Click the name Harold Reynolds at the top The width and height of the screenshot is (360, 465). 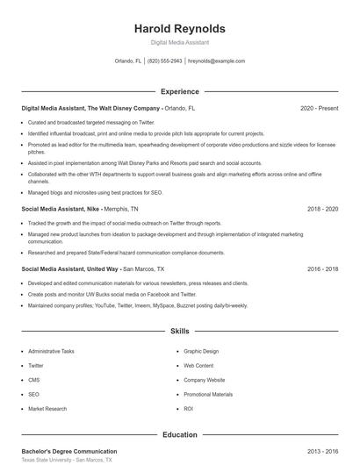click(179, 28)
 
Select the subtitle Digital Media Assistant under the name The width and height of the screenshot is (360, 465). click(179, 42)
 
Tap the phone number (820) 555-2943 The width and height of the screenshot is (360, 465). click(165, 61)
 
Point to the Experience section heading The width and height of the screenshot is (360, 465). click(179, 91)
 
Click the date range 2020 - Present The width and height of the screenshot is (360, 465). click(319, 108)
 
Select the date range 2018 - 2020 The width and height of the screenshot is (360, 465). click(322, 210)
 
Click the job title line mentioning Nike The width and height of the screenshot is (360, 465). click(79, 210)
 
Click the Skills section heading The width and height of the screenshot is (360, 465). click(179, 332)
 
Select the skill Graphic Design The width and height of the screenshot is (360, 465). click(201, 351)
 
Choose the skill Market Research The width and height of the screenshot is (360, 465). click(47, 408)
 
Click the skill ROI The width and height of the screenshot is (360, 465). click(188, 408)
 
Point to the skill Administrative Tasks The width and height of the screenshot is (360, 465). click(51, 351)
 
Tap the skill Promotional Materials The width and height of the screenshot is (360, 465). click(208, 394)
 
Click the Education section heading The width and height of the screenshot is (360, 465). click(179, 434)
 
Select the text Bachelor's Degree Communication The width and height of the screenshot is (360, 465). click(69, 451)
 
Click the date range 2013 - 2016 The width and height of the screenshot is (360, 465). click(322, 451)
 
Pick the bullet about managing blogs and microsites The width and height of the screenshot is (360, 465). click(95, 192)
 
